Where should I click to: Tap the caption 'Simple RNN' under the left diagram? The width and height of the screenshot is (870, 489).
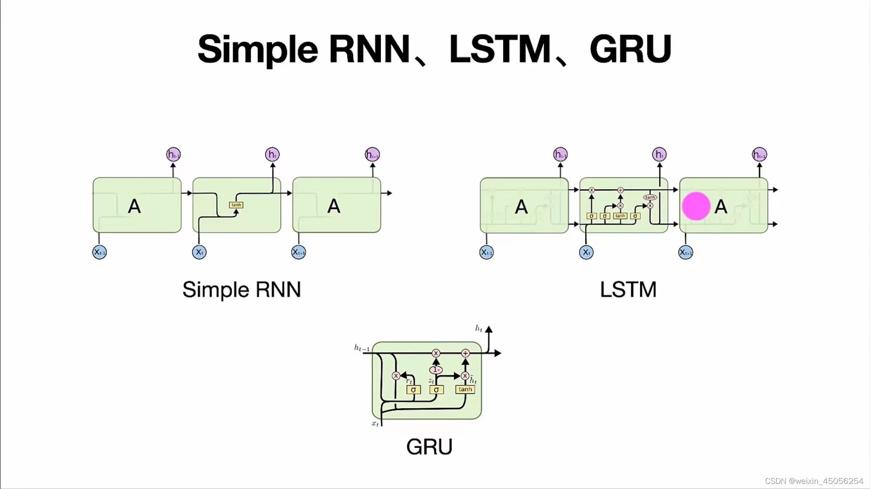click(x=241, y=290)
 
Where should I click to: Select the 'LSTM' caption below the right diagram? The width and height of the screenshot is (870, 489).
click(x=628, y=290)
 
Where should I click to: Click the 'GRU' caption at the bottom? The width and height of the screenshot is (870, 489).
click(x=429, y=447)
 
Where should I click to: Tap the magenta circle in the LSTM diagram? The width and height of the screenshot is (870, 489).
click(x=696, y=206)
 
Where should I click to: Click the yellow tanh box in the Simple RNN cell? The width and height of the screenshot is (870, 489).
click(x=236, y=205)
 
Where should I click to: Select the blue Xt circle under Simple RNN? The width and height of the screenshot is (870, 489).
click(x=199, y=252)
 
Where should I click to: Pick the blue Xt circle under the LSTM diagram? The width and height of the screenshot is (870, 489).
click(x=586, y=252)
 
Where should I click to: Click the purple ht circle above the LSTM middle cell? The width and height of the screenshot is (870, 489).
click(x=659, y=154)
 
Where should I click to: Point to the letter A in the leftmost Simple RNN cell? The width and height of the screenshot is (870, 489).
click(x=134, y=206)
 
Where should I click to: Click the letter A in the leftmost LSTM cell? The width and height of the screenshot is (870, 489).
click(x=521, y=207)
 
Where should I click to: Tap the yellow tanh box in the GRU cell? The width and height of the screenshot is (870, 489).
click(x=465, y=389)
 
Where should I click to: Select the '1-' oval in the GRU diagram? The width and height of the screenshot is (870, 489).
click(x=436, y=370)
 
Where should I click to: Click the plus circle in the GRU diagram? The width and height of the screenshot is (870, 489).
click(x=465, y=353)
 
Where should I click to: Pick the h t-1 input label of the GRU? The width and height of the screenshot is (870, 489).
click(x=362, y=348)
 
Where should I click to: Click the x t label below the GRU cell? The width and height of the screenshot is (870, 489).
click(x=375, y=424)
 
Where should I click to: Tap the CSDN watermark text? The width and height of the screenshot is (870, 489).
click(x=813, y=481)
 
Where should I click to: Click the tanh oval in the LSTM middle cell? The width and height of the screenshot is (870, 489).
click(x=650, y=197)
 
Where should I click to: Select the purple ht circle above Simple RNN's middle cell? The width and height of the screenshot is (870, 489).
click(x=272, y=154)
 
